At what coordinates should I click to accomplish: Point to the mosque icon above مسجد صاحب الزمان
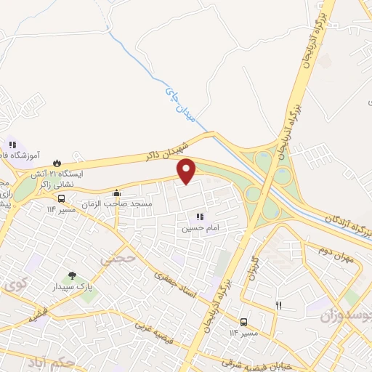pyautogui.click(x=116, y=193)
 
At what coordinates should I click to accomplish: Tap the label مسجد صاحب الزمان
pyautogui.click(x=122, y=204)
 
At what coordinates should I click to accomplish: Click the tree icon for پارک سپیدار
pyautogui.click(x=71, y=275)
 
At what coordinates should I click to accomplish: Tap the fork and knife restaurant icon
pyautogui.click(x=278, y=305)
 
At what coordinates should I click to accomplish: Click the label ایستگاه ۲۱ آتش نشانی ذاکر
pyautogui.click(x=58, y=180)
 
